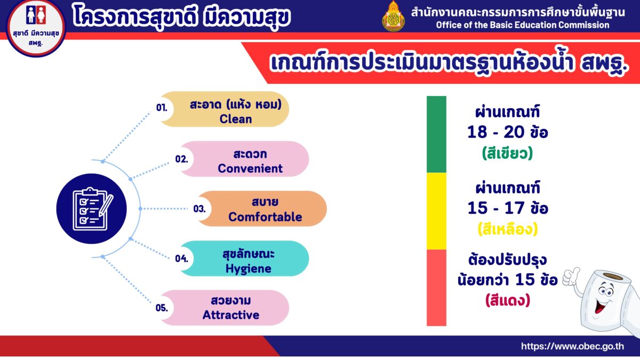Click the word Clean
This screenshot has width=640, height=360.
pyautogui.click(x=236, y=119)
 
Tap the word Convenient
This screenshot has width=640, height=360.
pyautogui.click(x=250, y=169)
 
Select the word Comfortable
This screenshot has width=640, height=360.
pyautogui.click(x=265, y=217)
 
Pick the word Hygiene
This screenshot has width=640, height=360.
pyautogui.click(x=249, y=269)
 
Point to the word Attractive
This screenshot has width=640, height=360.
pyautogui.click(x=231, y=315)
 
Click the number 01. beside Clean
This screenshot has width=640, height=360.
pyautogui.click(x=162, y=108)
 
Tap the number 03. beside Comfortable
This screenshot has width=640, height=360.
pyautogui.click(x=199, y=209)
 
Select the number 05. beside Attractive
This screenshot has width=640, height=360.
pyautogui.click(x=162, y=308)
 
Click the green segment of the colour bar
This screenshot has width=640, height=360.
pyautogui.click(x=436, y=134)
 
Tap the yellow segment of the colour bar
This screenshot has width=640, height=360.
pyautogui.click(x=436, y=211)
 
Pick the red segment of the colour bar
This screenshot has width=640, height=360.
pyautogui.click(x=436, y=287)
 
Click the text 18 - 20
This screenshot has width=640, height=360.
pyautogui.click(x=495, y=132)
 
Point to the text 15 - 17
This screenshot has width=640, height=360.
pyautogui.click(x=495, y=209)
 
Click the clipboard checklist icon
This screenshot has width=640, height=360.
pyautogui.click(x=92, y=209)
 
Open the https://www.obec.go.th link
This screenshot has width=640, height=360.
pyautogui.click(x=573, y=346)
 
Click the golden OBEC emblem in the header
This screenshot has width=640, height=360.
pyautogui.click(x=394, y=17)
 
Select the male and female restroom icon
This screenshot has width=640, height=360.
pyautogui.click(x=36, y=15)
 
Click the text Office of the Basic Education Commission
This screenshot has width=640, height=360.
pyautogui.click(x=523, y=25)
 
